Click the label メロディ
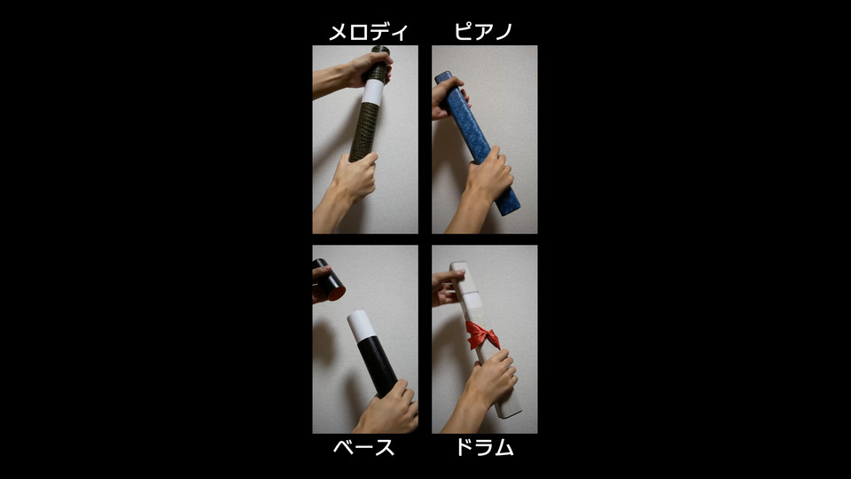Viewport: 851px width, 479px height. pos(368,32)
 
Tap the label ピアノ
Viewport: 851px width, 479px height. pos(483,32)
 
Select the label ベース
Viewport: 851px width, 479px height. pos(363,447)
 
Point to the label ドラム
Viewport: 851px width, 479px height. pos(484,447)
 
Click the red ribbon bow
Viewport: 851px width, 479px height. pos(482,335)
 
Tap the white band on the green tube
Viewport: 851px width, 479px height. pos(372,92)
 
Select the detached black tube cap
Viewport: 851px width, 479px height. pos(329,281)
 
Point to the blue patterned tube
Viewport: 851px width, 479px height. pos(477,142)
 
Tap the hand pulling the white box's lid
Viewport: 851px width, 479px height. pos(446,287)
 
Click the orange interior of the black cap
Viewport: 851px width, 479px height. pos(336,294)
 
